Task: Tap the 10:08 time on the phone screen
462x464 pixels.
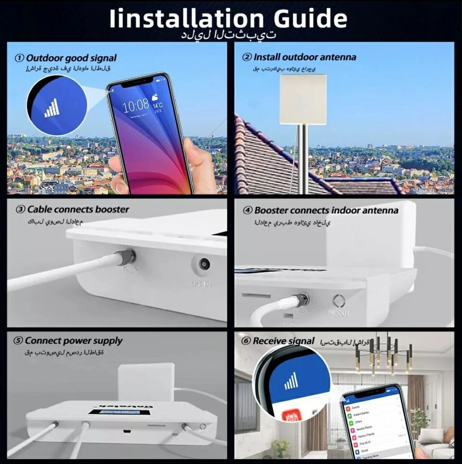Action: pos(135,105)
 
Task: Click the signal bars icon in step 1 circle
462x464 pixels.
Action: pos(52,108)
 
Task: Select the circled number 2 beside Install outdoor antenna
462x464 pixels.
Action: pos(247,58)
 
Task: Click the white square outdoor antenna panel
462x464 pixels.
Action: pos(303,99)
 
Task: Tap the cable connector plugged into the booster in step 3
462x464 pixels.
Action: pos(127,256)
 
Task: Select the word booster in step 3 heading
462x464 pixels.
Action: pos(111,210)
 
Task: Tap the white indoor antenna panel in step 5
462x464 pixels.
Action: pos(146,382)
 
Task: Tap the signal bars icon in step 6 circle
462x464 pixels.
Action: pos(292,382)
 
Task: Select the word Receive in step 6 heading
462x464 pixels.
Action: pos(269,341)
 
